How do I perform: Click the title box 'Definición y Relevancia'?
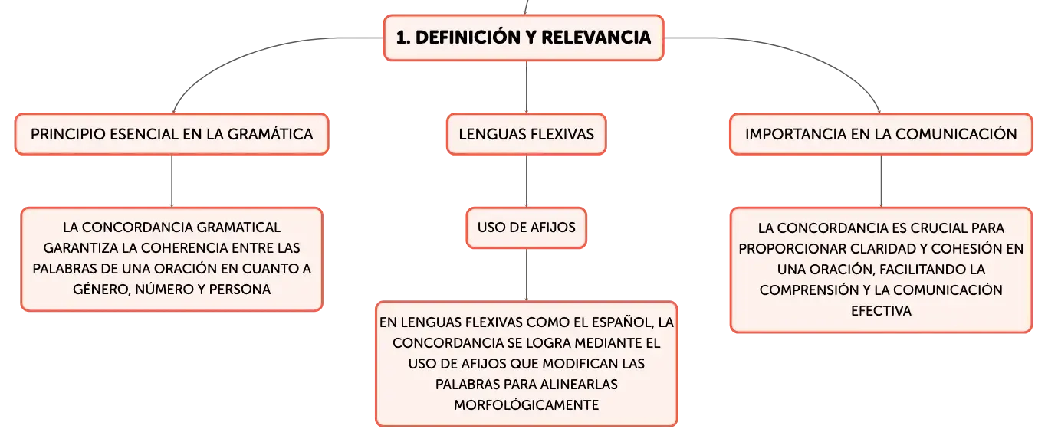pos(524,38)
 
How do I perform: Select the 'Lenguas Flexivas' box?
pos(527,134)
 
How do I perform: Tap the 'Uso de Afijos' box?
pos(527,228)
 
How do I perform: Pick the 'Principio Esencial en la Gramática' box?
pos(172,134)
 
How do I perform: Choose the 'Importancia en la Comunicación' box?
pos(881,134)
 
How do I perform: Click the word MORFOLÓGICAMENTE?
pos(527,405)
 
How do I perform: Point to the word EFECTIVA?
pos(881,311)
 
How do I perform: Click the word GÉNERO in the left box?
pos(101,290)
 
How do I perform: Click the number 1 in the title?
pos(402,38)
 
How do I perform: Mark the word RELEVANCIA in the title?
pos(596,38)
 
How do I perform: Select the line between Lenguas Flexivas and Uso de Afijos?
pos(527,181)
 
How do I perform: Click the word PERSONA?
pos(239,290)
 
